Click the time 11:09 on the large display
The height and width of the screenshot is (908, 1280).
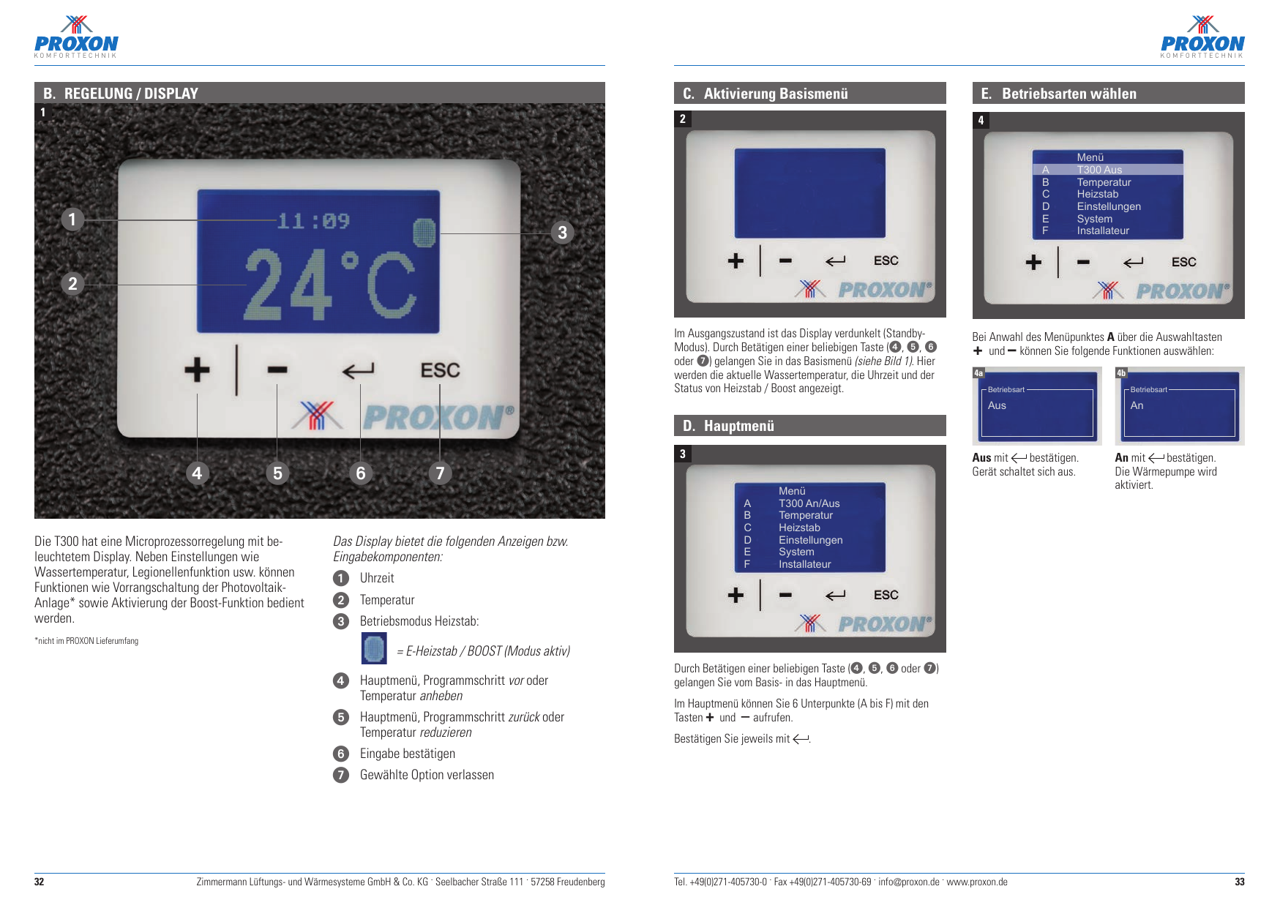pos(313,221)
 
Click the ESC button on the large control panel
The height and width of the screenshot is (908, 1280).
pos(440,371)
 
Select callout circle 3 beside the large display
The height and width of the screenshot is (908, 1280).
pos(562,233)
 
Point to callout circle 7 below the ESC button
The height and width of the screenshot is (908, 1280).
pos(440,473)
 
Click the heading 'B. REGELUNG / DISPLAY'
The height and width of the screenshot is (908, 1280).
pos(121,94)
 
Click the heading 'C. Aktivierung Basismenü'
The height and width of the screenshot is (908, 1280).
pos(766,94)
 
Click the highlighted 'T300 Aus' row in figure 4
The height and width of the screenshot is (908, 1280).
pos(1099,170)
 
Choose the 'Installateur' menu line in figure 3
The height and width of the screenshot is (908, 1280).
pos(804,564)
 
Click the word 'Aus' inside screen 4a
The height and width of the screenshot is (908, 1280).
pos(997,405)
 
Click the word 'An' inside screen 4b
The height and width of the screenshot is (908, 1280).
pos(1137,405)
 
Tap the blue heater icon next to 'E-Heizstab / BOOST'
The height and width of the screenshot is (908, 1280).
pos(374,648)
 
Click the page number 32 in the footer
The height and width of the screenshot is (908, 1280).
pos(40,882)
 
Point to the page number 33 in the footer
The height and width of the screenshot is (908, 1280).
pos(1239,882)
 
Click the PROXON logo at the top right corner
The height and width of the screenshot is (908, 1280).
pos(1202,37)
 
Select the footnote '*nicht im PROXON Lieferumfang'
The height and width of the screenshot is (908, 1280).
pos(86,641)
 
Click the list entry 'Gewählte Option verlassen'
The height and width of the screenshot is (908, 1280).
pos(427,775)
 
